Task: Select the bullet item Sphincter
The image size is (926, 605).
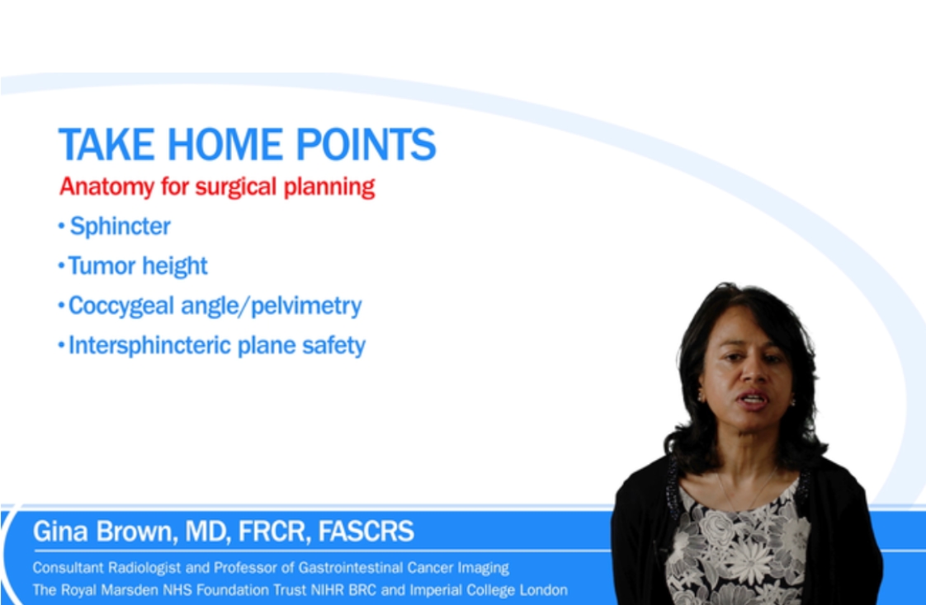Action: click(x=120, y=226)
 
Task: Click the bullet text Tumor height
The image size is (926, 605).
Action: click(x=138, y=266)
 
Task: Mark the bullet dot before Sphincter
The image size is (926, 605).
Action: click(x=61, y=227)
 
